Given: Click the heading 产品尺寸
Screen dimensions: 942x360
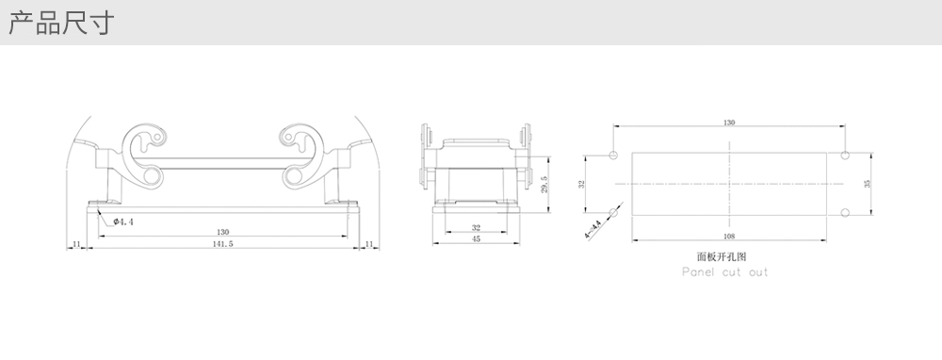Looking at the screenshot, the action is coord(60,23).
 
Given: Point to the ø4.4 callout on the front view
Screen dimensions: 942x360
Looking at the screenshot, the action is coord(123,221).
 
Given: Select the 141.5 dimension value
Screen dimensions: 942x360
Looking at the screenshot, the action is coord(222,244).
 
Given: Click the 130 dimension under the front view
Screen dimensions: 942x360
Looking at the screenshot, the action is coord(222,232).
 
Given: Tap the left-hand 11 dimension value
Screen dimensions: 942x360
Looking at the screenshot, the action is coord(76,244).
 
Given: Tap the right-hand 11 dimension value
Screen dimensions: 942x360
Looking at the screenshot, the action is coord(369,244).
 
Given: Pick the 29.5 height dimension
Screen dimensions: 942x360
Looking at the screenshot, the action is coord(544,184).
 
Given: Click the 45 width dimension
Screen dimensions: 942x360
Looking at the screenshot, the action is coord(476,238).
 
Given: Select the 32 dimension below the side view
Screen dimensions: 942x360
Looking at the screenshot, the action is coord(476,228).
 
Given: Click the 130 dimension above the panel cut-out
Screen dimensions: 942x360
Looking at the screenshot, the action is coord(729,123).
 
